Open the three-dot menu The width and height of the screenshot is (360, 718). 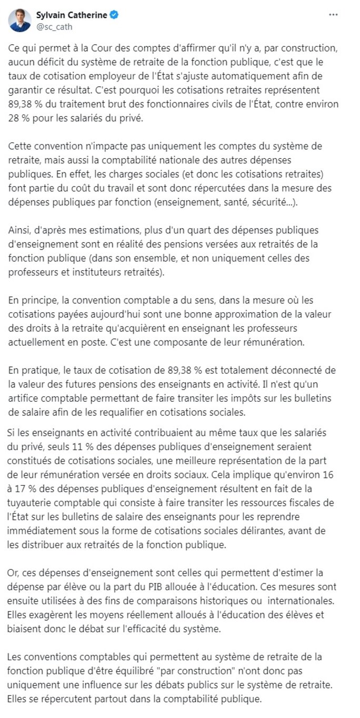(x=333, y=15)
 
